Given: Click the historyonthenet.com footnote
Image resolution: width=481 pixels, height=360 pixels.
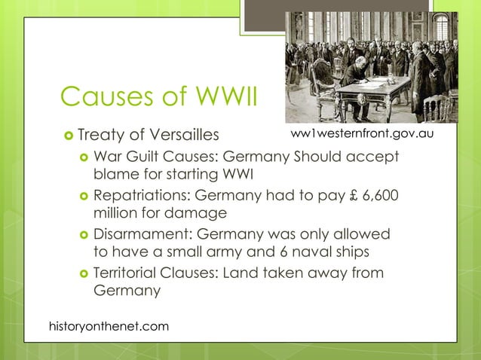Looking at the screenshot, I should (x=109, y=325).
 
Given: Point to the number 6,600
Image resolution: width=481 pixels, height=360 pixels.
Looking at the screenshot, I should (x=377, y=195).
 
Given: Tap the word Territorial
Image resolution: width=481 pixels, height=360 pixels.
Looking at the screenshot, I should (x=126, y=272).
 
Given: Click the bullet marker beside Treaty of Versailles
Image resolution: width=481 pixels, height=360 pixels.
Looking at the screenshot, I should (x=68, y=136).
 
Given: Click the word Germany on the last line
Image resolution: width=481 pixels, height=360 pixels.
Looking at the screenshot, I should (x=127, y=290).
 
